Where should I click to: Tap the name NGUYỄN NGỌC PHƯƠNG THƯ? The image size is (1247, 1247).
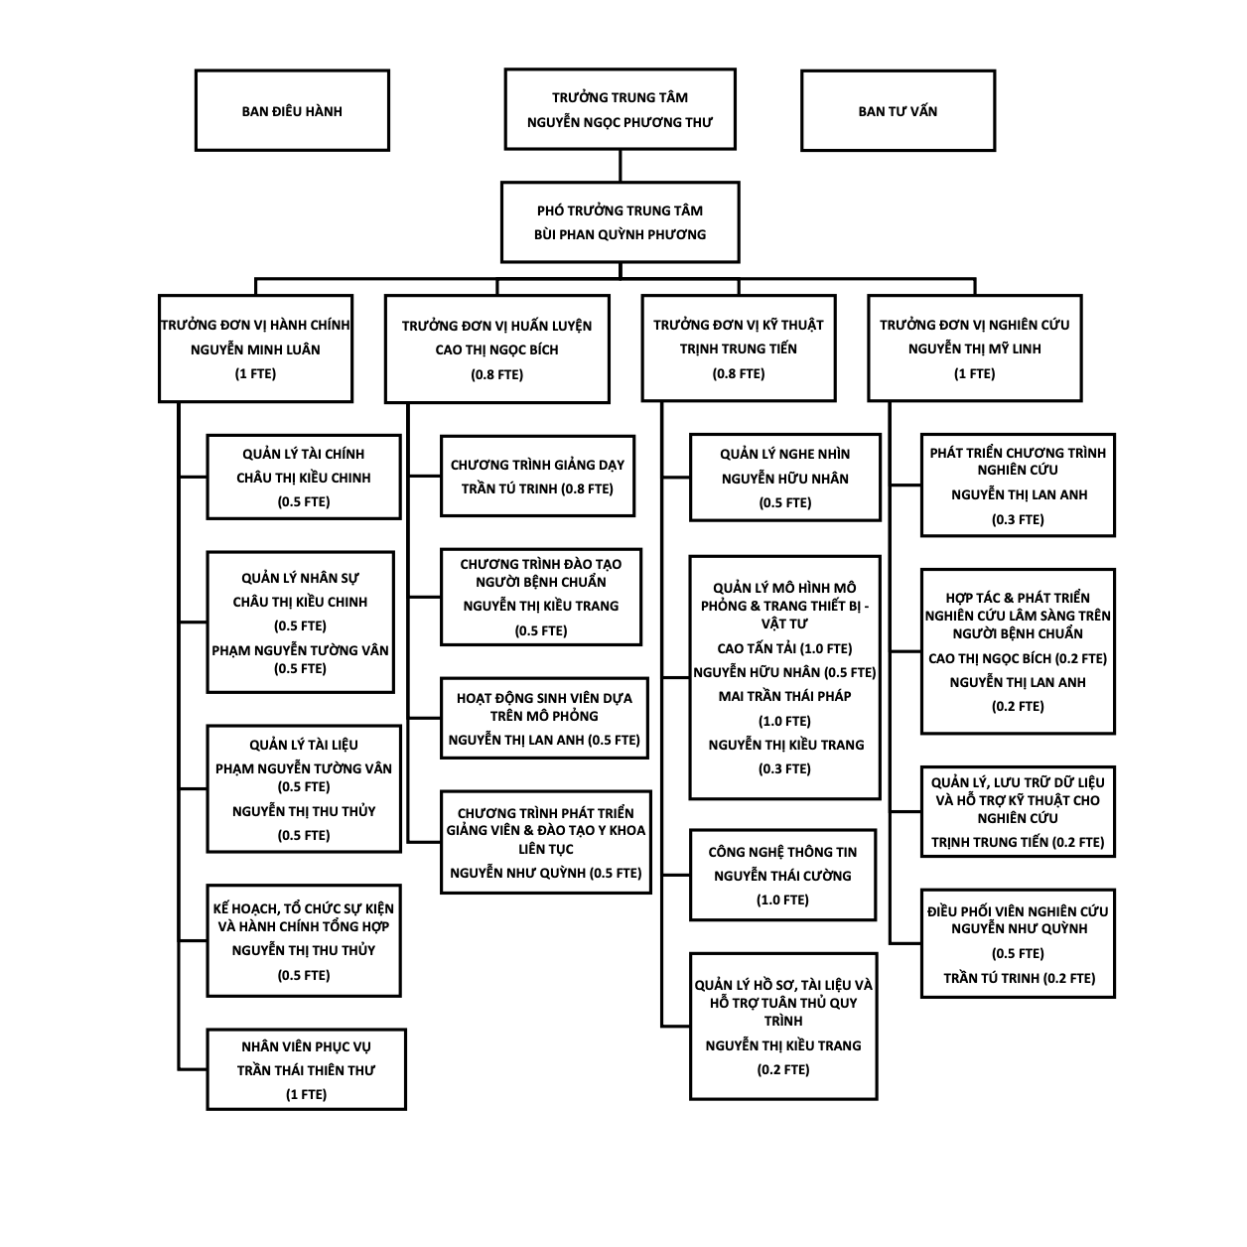pyautogui.click(x=620, y=122)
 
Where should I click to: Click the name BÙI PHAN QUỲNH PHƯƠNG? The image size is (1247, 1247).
pyautogui.click(x=620, y=234)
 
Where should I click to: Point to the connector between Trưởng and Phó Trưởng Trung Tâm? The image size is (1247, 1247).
pyautogui.click(x=620, y=166)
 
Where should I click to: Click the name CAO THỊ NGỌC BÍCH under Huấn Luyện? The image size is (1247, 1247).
pyautogui.click(x=496, y=350)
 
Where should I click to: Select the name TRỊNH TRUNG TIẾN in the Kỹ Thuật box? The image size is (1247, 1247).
pyautogui.click(x=738, y=348)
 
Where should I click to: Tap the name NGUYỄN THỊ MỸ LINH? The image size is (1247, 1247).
pyautogui.click(x=974, y=348)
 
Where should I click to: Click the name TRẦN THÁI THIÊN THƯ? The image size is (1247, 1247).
pyautogui.click(x=306, y=1070)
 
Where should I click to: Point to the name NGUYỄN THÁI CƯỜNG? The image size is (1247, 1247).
pyautogui.click(x=782, y=876)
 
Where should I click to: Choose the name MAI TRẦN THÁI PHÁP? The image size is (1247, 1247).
pyautogui.click(x=784, y=696)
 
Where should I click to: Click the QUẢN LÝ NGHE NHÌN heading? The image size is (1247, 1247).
pyautogui.click(x=784, y=454)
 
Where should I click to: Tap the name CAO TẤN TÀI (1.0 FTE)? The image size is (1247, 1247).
pyautogui.click(x=784, y=648)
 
